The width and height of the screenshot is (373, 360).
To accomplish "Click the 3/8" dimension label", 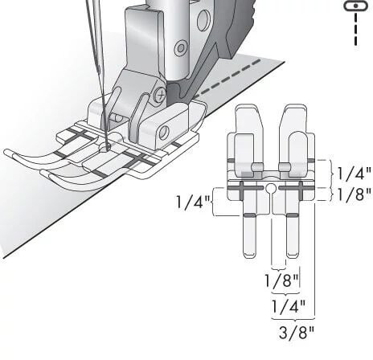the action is pyautogui.click(x=296, y=333).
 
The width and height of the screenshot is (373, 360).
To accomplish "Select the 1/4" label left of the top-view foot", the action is pyautogui.click(x=193, y=202).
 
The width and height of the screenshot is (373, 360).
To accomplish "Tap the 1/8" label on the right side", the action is pyautogui.click(x=354, y=194).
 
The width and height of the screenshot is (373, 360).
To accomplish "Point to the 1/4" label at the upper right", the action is pyautogui.click(x=354, y=174).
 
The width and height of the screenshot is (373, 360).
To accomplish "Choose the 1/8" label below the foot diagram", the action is pyautogui.click(x=281, y=280).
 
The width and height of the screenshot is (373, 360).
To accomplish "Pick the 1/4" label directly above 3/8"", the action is pyautogui.click(x=289, y=306).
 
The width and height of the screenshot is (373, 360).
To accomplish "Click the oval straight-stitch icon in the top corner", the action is pyautogui.click(x=355, y=6).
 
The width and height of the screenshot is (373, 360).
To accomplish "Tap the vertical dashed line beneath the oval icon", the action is pyautogui.click(x=355, y=29).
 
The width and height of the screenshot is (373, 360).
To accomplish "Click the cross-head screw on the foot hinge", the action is pyautogui.click(x=161, y=95).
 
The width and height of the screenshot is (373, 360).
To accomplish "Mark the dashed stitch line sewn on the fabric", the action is pyautogui.click(x=227, y=79).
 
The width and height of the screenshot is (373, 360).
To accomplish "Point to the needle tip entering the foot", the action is pyautogui.click(x=108, y=146).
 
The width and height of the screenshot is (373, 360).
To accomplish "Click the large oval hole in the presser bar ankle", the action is pyautogui.click(x=203, y=21).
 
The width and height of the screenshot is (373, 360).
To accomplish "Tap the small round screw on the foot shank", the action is pyautogui.click(x=181, y=48).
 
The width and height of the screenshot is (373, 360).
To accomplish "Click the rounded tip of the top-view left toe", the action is pyautogui.click(x=249, y=255).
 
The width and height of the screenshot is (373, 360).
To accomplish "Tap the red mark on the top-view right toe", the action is pyautogui.click(x=293, y=215).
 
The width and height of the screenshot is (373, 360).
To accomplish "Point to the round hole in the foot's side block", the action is pyautogui.click(x=164, y=133).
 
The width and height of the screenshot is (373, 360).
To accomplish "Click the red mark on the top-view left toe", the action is pyautogui.click(x=249, y=215).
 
